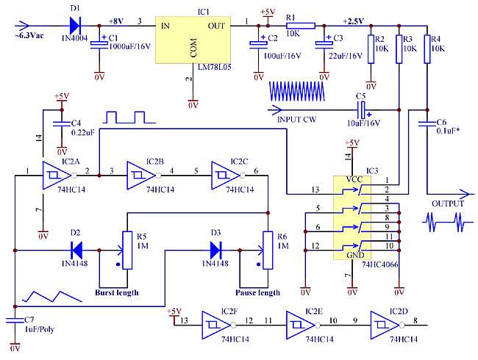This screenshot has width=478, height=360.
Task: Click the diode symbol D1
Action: [75, 26]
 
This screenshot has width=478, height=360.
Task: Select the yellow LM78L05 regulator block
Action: [193, 40]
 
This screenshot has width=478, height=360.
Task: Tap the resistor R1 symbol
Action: [300, 26]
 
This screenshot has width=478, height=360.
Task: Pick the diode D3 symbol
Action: [215, 251]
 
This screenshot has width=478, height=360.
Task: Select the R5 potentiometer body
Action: [127, 251]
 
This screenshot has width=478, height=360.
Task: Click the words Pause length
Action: [257, 292]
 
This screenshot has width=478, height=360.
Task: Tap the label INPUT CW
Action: [296, 120]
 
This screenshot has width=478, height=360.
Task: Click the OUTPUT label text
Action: [448, 204]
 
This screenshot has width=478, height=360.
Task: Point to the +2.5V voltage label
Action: [353, 21]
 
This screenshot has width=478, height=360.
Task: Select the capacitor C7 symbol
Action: [15, 320]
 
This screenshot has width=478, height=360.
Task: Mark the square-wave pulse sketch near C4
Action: [129, 118]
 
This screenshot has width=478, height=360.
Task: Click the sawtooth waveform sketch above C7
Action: [51, 296]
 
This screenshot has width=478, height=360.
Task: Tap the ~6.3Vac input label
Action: [29, 35]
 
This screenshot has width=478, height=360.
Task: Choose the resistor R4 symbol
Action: [427, 49]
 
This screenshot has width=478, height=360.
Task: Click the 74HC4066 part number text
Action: [380, 264]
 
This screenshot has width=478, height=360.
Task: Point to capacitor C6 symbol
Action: [427, 123]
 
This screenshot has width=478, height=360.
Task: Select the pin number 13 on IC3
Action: [315, 190]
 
